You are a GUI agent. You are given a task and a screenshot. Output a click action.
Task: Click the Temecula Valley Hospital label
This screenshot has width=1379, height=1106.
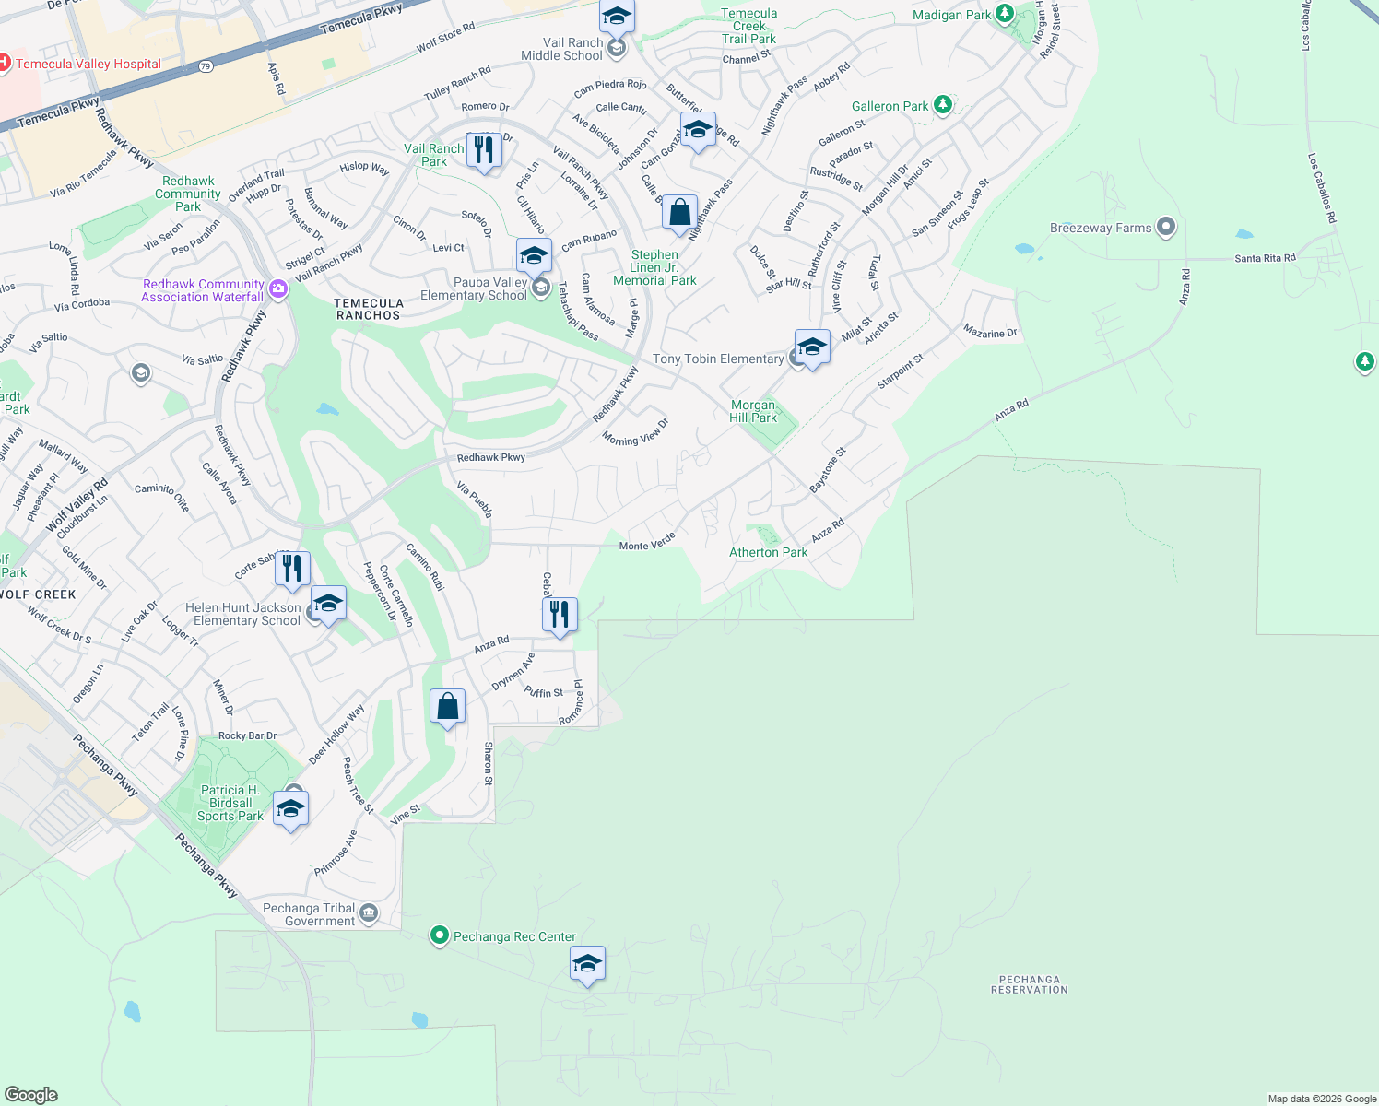[88, 64]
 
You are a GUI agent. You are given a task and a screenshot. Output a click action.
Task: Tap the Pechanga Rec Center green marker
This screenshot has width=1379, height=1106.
[440, 936]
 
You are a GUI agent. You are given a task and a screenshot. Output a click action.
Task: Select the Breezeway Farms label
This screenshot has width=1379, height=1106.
[1101, 228]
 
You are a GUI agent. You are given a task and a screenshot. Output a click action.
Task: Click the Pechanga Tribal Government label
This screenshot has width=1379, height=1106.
[309, 914]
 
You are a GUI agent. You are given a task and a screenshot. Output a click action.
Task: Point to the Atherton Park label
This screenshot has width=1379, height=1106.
[768, 552]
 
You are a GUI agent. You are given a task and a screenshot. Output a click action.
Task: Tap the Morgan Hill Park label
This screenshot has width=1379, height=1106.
[753, 411]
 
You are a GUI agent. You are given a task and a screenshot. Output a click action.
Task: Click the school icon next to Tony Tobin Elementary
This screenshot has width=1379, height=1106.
[811, 347]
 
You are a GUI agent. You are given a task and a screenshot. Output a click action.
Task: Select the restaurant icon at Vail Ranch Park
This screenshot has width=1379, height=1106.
[484, 149]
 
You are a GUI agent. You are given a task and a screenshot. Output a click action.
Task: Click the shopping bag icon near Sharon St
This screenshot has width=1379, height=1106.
[447, 707]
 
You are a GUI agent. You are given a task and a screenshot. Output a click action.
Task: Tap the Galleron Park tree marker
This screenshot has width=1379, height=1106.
[942, 104]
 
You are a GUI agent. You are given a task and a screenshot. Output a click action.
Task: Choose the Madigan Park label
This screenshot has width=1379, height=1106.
[951, 15]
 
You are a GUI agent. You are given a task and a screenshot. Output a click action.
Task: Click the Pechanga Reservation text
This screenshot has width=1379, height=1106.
[1029, 984]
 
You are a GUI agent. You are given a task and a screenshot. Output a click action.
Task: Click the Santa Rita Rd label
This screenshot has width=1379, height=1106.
[1265, 258]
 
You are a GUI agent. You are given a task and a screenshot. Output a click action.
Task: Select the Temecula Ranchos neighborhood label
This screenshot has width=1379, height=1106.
[368, 309]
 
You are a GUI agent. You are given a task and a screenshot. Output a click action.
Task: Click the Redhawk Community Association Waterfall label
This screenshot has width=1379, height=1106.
[203, 290]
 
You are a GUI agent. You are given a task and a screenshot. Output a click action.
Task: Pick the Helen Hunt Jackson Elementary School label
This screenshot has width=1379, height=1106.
[243, 614]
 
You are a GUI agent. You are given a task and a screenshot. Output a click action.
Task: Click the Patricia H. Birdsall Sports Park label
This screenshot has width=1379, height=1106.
[230, 803]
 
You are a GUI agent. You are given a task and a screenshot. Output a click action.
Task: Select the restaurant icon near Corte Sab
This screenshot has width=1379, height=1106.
[292, 569]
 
